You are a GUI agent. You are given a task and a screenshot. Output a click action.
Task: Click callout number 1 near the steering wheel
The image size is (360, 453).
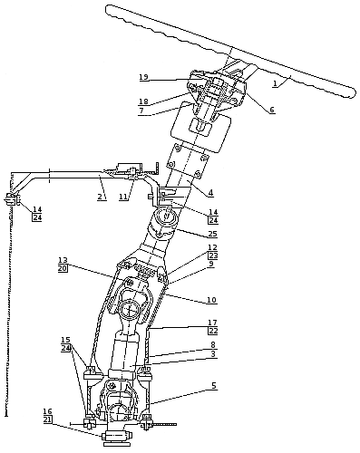[x=275, y=84]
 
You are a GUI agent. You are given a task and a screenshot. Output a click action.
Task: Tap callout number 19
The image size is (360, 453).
[x=144, y=77]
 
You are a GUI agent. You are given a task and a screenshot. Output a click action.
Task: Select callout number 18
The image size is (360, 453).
[x=143, y=101]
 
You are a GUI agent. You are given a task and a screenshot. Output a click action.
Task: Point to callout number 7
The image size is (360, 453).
[x=141, y=111]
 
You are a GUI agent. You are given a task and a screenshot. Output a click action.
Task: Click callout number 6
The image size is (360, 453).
[x=272, y=110]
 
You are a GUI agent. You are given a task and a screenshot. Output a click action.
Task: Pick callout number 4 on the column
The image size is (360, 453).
[x=210, y=192]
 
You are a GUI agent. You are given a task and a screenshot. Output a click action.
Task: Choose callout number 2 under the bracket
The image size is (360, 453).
[x=100, y=197]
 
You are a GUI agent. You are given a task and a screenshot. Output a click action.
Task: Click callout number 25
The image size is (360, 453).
[x=213, y=234]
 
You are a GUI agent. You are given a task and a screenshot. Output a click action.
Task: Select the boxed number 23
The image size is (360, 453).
[x=213, y=255]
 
